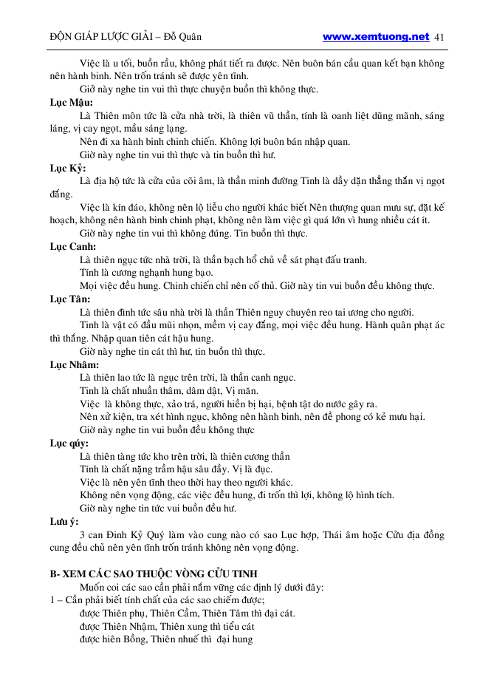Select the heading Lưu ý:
coord(64,522)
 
